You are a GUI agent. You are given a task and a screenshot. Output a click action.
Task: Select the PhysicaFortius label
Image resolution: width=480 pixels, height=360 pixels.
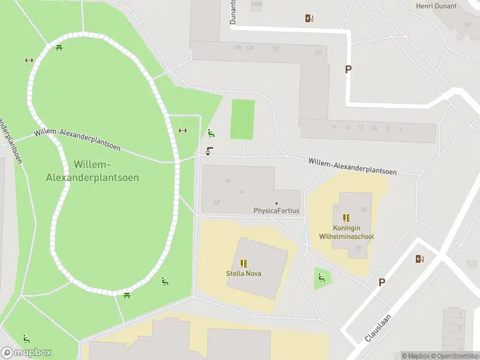pyautogui.click(x=276, y=211)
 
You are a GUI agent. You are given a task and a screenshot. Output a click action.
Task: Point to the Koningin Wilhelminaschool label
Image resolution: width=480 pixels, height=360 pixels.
pyautogui.click(x=346, y=232)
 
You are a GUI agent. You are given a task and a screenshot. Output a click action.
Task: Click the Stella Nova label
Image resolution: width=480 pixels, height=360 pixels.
pyautogui.click(x=244, y=274)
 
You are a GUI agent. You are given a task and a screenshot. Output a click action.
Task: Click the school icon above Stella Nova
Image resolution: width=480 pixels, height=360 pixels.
pyautogui.click(x=244, y=263)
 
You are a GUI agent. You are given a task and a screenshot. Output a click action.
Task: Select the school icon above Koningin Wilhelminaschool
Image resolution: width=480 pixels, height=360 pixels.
pyautogui.click(x=346, y=218)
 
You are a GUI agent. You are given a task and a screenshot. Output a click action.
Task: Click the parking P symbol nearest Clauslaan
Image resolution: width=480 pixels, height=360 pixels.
pyautogui.click(x=381, y=282)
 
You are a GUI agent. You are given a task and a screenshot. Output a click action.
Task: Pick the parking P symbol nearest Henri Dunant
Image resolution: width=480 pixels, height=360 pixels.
pyautogui.click(x=348, y=69)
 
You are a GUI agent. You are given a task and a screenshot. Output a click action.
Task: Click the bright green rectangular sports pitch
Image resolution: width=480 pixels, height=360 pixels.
pyautogui.click(x=242, y=119)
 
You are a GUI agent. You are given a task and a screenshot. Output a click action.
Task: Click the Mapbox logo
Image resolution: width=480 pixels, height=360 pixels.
pyautogui.click(x=26, y=353)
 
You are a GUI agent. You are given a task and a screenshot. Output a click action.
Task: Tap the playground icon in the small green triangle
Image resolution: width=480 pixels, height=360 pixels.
pyautogui.click(x=322, y=277)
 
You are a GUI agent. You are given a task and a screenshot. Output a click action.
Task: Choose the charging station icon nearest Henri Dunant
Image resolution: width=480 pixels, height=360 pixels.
pyautogui.click(x=309, y=18)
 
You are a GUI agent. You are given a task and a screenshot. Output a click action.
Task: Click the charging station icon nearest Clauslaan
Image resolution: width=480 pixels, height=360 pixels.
pyautogui.click(x=419, y=259)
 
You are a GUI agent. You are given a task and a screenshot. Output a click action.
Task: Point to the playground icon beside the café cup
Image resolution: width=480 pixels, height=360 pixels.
pyautogui.click(x=210, y=133)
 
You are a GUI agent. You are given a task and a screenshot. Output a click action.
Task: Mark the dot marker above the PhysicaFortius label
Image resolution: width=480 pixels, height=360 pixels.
pyautogui.click(x=276, y=203)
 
